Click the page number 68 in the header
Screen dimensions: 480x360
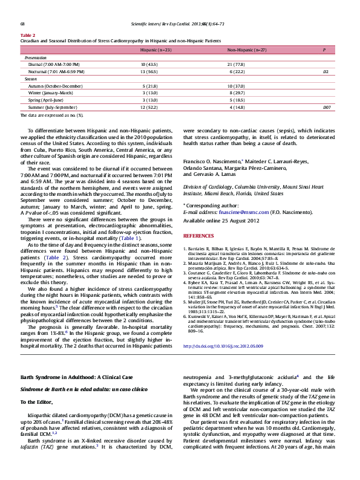click(22, 24)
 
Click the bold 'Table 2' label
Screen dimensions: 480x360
click(28, 35)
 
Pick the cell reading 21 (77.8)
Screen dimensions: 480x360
click(236, 63)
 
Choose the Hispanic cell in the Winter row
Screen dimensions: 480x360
click(149, 93)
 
